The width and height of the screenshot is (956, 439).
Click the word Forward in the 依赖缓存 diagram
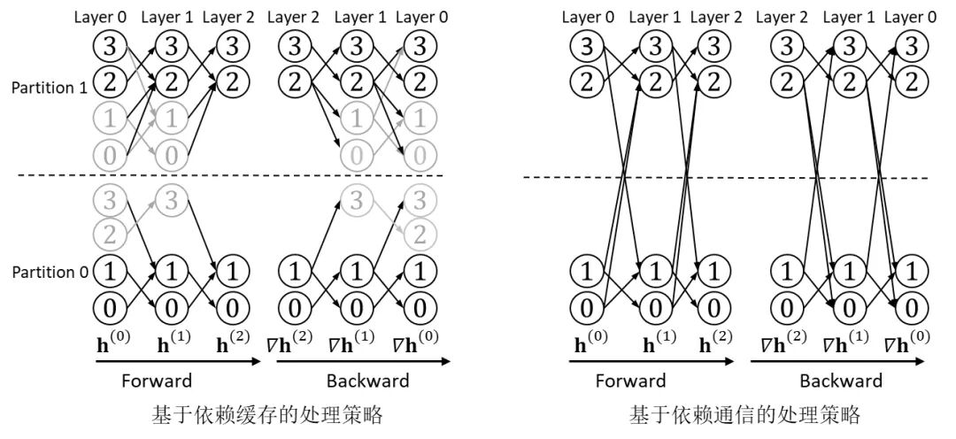pyautogui.click(x=157, y=381)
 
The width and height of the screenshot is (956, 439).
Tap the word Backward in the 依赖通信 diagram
pyautogui.click(x=841, y=381)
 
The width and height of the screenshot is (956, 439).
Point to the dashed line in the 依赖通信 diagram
pyautogui.click(x=726, y=177)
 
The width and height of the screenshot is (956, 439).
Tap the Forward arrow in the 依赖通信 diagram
pyautogui.click(x=651, y=361)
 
